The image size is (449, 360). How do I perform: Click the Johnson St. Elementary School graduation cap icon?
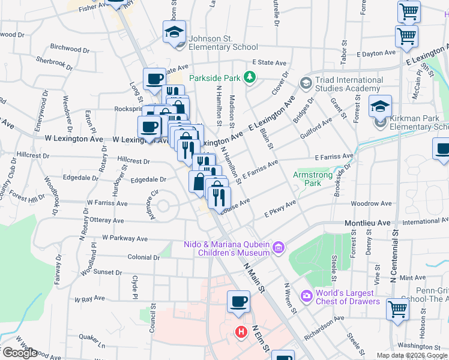[174, 32]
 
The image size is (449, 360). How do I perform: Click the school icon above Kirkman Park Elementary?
[380, 107]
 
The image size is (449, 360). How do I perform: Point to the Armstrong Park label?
[307, 178]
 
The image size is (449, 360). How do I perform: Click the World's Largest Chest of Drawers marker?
[307, 296]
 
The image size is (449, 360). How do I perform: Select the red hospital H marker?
[241, 331]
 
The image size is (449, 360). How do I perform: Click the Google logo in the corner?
[19, 353]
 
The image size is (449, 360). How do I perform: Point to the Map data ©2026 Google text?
[411, 355]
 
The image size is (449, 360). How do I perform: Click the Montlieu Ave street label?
[366, 223]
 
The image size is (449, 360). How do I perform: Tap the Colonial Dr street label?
[143, 257]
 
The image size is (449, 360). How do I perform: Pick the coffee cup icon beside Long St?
[154, 79]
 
